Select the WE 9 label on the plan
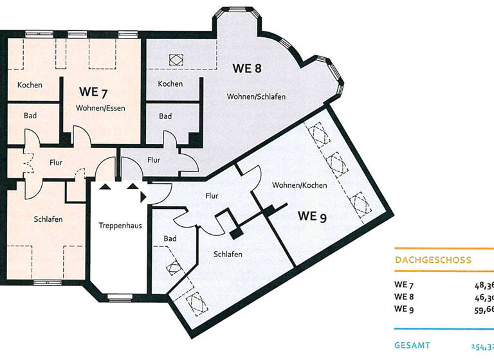coord(312,216)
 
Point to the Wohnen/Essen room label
coord(100,107)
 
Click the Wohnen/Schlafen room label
coord(256,96)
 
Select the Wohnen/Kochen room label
coord(299,185)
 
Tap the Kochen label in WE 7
coord(30,85)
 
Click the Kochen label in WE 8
coord(170,84)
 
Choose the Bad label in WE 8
coord(165,116)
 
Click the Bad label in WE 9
coord(170,239)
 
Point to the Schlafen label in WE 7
coord(48,219)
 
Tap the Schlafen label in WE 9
coord(228,255)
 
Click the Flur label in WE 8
coord(154,160)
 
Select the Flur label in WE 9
coord(212,195)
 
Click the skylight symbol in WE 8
coord(176,59)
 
